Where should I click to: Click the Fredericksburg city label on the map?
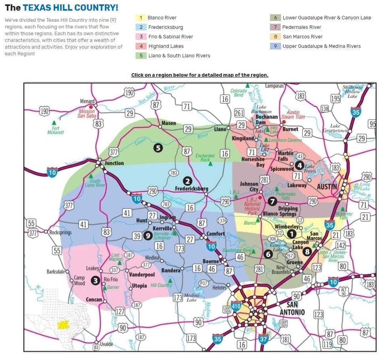(192, 189)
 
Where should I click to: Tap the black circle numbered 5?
(158, 148)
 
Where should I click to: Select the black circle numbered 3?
(95, 280)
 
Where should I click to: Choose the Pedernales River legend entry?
(301, 27)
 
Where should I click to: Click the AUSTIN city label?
(327, 186)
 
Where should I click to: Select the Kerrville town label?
(162, 229)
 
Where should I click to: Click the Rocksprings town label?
(60, 232)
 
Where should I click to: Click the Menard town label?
(87, 101)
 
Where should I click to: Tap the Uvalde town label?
(106, 344)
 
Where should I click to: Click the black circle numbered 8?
(307, 251)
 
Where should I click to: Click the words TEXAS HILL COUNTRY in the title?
(70, 8)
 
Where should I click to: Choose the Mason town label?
(169, 123)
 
